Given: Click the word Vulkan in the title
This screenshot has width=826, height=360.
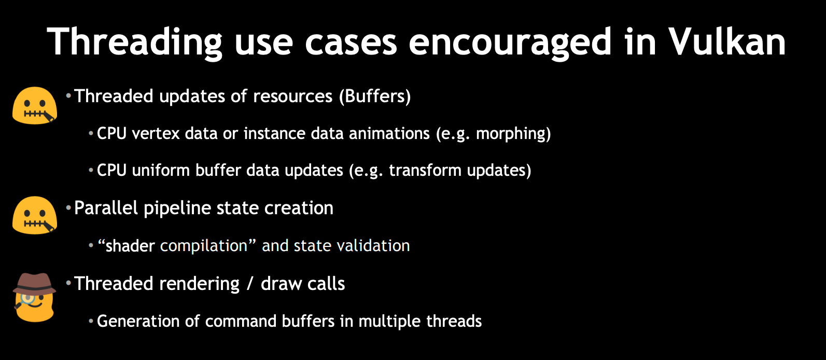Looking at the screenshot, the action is [727, 41].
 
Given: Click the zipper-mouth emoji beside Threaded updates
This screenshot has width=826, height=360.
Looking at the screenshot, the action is [35, 105].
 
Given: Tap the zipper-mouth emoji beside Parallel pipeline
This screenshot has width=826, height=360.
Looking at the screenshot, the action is [35, 215].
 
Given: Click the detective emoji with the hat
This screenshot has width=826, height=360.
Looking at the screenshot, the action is [34, 297].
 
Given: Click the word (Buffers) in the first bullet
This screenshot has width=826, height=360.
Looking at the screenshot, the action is [375, 96].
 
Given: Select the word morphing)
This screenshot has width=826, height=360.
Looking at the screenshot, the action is [513, 134].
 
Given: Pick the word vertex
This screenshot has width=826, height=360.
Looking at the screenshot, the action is [156, 133].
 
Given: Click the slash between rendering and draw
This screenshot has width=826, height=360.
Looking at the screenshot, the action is [250, 284].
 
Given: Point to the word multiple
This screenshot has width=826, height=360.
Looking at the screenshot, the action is [390, 322].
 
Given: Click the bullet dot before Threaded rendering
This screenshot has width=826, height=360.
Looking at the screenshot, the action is [68, 283].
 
